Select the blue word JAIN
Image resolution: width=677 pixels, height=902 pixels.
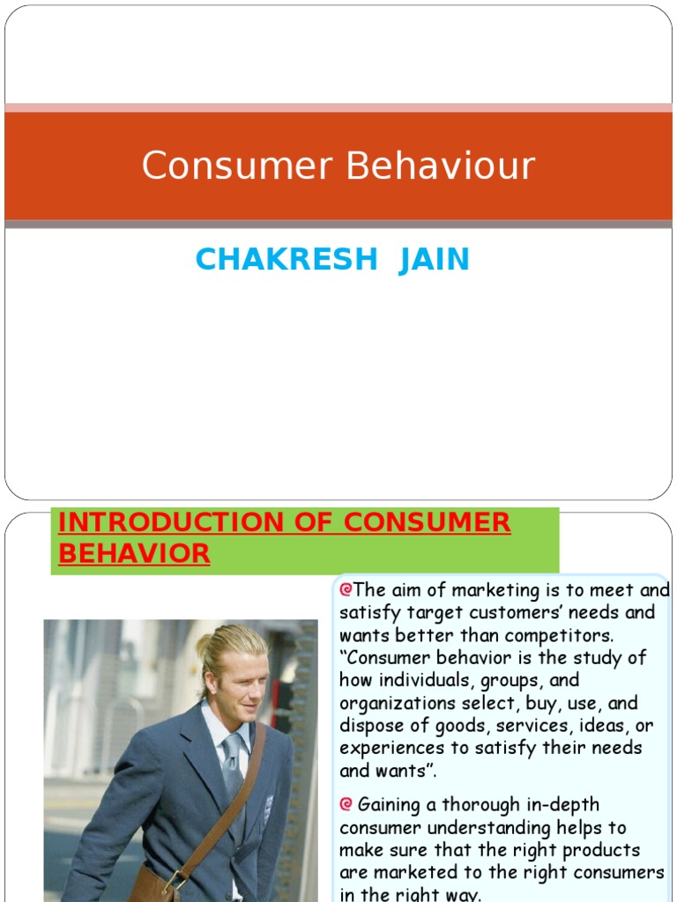[434, 260]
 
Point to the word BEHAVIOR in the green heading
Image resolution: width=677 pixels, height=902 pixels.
[134, 553]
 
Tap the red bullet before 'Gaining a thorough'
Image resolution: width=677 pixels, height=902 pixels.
[346, 804]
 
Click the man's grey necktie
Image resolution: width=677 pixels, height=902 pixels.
[233, 775]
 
